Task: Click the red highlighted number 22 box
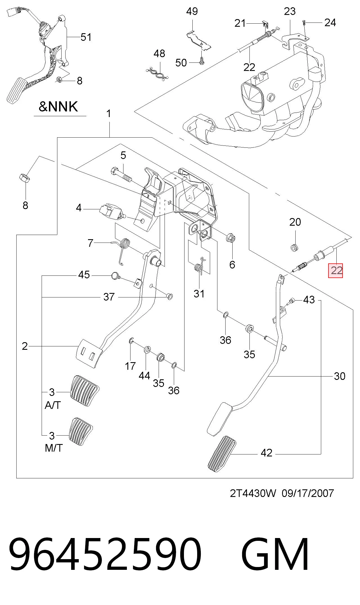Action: pyautogui.click(x=336, y=271)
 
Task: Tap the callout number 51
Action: pyautogui.click(x=86, y=37)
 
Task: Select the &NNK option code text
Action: pyautogui.click(x=58, y=107)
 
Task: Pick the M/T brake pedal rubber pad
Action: pyautogui.click(x=81, y=432)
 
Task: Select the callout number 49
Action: pyautogui.click(x=192, y=12)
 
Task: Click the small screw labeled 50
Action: pyautogui.click(x=201, y=61)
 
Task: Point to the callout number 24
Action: pyautogui.click(x=330, y=23)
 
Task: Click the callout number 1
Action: pyautogui.click(x=109, y=114)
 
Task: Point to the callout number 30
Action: pyautogui.click(x=339, y=376)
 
